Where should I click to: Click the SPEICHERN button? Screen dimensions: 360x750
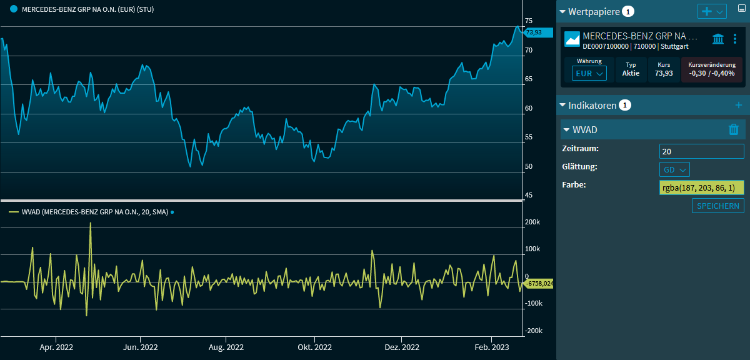coord(717,206)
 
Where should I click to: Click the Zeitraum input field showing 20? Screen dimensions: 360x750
coord(701,151)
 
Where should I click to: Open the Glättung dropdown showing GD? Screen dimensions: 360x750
coord(674,169)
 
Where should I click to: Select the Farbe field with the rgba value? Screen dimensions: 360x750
coord(701,188)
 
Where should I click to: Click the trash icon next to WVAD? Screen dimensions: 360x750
coord(734,129)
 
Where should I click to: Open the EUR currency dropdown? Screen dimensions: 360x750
coord(589,73)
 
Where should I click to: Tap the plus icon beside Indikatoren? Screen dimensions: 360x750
coord(738,105)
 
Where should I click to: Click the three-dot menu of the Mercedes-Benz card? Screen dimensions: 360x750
coord(735,39)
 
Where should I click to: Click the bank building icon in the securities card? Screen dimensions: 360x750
coord(718,39)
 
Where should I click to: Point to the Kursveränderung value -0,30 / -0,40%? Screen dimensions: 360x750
coord(711,73)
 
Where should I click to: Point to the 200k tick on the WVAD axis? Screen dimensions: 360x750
coord(532,222)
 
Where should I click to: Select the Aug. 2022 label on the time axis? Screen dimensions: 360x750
coord(226,347)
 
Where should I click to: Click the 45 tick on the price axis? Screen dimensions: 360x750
coord(529,196)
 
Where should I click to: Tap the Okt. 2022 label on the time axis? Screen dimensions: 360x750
coord(314,347)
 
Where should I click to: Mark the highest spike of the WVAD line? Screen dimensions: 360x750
coord(91,223)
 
